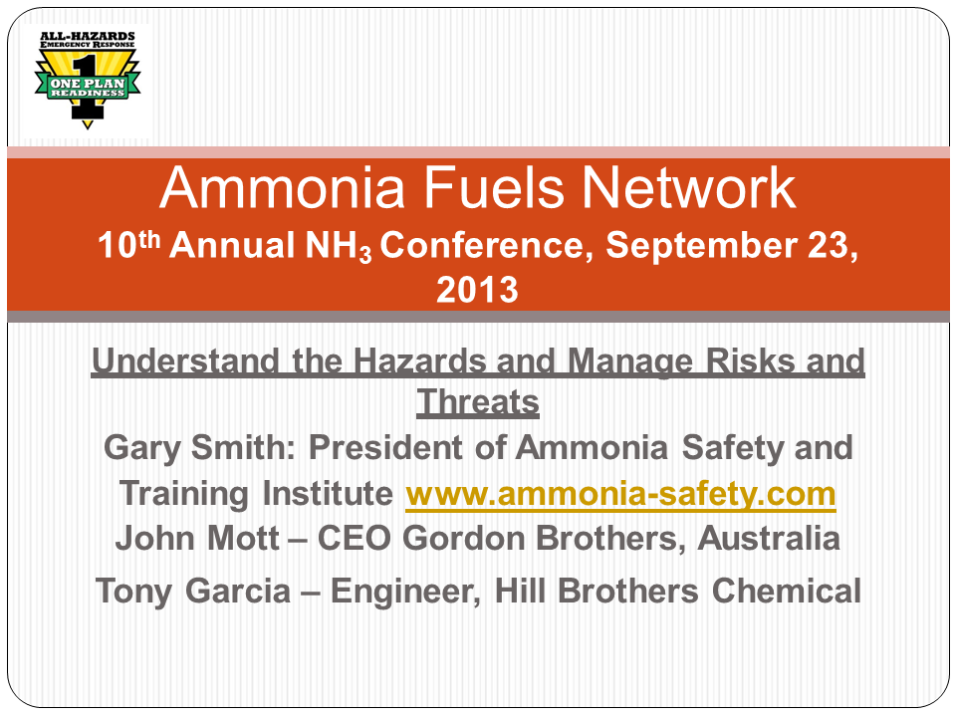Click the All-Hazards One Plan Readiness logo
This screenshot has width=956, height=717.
pos(87,78)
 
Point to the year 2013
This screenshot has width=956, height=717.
pos(477,290)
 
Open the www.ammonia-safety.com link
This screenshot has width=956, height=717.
pos(620,494)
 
